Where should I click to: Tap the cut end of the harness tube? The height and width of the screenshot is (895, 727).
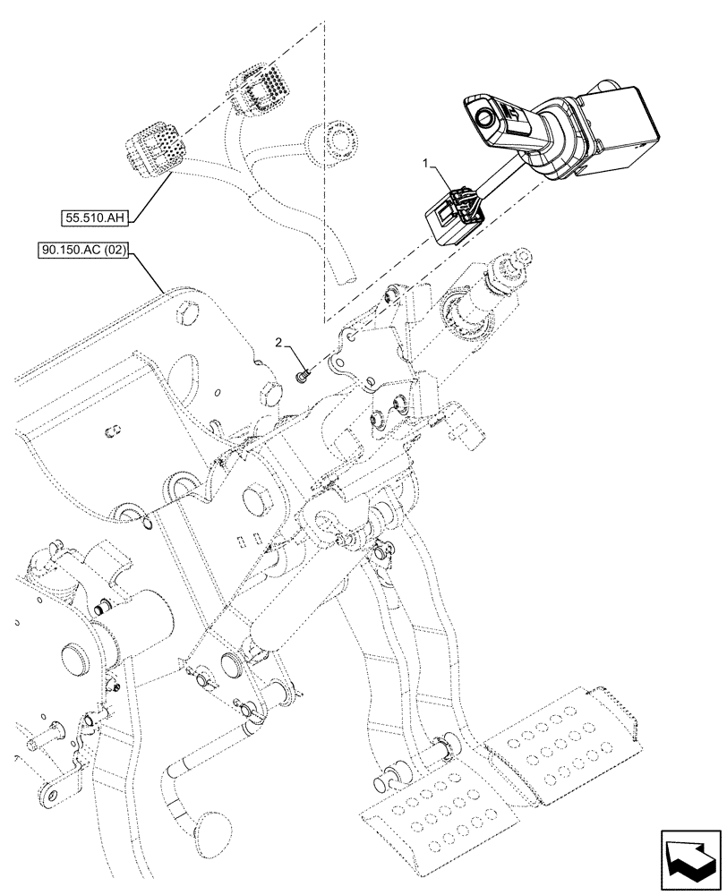point(338,273)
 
